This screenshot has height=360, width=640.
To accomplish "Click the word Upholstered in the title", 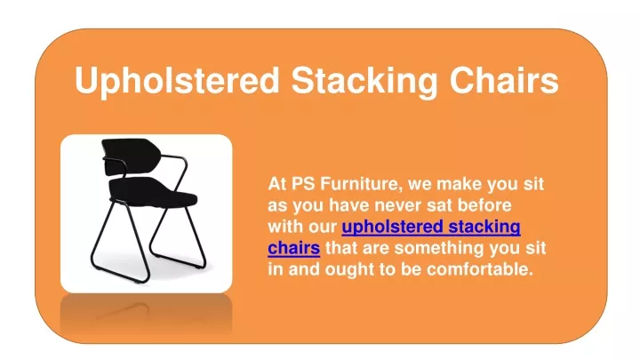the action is point(177,80).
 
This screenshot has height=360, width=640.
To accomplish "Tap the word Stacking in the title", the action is point(364,80).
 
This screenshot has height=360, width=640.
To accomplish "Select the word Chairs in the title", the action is point(504,80).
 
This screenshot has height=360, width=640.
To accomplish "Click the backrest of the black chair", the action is point(130,156).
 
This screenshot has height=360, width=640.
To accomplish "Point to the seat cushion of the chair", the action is point(152,193).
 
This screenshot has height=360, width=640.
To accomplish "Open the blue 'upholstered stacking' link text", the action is point(431,227).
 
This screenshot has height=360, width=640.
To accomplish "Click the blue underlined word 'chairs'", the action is point(294,248).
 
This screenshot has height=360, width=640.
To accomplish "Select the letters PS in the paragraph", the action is point(303,184).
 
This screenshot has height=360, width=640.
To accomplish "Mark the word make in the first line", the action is point(460,184).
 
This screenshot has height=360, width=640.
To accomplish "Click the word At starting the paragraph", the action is point(277,184).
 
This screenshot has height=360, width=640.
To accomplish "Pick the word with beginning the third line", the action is point(282,226).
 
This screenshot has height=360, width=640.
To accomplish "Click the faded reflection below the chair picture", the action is point(146,315).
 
